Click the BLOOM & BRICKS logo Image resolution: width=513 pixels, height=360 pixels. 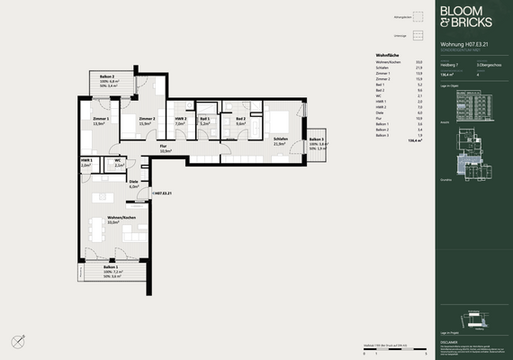click(x=466, y=17)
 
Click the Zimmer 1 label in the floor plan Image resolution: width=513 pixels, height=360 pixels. click(x=101, y=121)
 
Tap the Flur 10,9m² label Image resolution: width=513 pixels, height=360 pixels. click(x=164, y=148)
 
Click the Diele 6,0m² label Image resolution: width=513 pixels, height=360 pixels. click(x=134, y=184)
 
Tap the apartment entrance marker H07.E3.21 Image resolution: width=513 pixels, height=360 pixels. click(x=163, y=193)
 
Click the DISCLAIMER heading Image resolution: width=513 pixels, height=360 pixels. click(x=449, y=342)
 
